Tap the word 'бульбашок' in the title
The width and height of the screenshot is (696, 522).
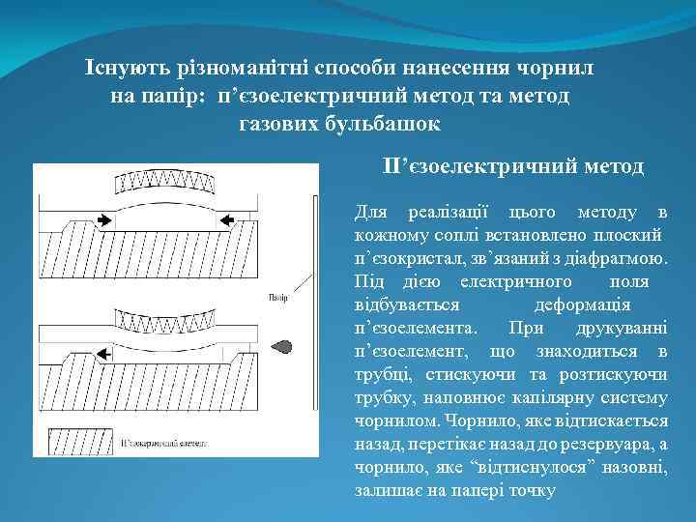coord(384,125)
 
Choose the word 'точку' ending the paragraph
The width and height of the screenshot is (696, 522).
coord(530,490)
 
